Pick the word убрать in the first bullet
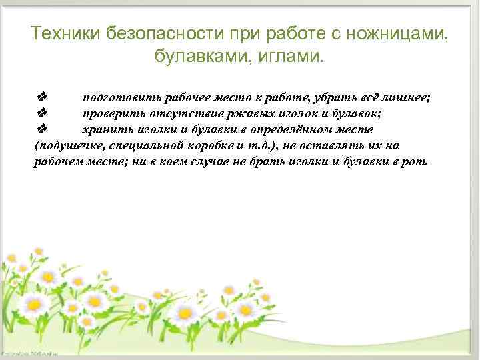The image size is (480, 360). pyautogui.click(x=349, y=98)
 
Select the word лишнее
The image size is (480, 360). pyautogui.click(x=409, y=98)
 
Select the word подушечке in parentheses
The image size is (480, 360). pyautogui.click(x=65, y=145)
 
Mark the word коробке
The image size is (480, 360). pyautogui.click(x=209, y=145)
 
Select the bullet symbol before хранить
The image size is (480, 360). pyautogui.click(x=41, y=127)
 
